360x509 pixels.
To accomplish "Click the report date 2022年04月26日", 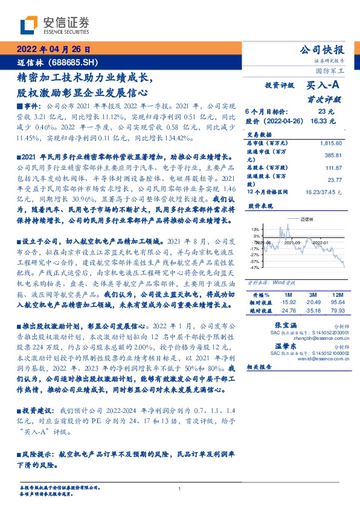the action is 53,50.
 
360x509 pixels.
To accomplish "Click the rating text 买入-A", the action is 321,86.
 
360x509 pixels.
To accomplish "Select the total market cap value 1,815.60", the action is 331,143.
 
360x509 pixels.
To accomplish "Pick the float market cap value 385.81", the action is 334,156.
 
